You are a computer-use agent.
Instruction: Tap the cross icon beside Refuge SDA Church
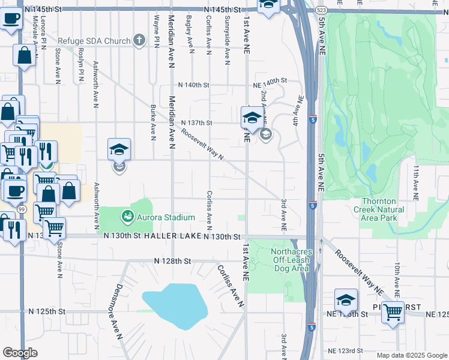(x=139, y=41)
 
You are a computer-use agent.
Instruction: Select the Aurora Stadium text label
(x=166, y=217)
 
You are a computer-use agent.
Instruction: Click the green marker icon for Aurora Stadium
(x=127, y=217)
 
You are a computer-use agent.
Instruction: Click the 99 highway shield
(x=22, y=208)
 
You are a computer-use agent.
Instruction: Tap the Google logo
(x=20, y=353)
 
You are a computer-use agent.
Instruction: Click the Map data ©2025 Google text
(x=412, y=355)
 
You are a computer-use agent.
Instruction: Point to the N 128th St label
(x=172, y=261)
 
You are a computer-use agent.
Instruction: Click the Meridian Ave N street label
(x=172, y=121)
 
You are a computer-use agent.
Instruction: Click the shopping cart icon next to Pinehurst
(x=393, y=311)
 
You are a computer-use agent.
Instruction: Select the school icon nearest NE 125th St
(x=346, y=299)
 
